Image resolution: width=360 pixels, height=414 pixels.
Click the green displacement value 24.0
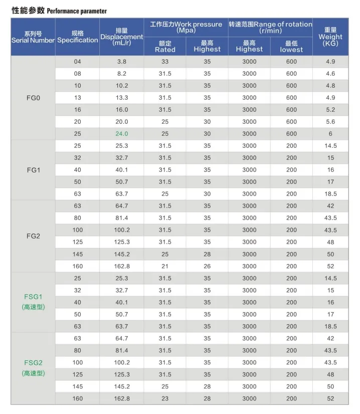(122, 134)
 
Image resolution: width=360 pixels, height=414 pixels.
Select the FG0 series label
(33, 98)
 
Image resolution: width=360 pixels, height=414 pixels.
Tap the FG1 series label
(33, 170)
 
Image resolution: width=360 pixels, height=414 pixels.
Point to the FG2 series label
(33, 236)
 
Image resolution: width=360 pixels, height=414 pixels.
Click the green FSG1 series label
(33, 296)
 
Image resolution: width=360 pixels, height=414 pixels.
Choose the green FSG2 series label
(33, 362)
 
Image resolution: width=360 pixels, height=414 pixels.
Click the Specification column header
(77, 37)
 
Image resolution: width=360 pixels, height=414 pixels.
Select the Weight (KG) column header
(330, 37)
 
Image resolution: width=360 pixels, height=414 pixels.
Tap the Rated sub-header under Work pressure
(165, 47)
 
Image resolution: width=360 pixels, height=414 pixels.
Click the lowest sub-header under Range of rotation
(291, 47)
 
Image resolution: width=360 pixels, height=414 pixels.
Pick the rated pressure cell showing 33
(165, 62)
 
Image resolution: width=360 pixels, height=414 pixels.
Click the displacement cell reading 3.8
(122, 62)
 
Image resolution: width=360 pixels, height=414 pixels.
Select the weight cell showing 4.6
(330, 74)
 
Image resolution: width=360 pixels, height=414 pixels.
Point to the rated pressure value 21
(165, 266)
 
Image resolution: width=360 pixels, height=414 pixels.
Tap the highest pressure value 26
(207, 266)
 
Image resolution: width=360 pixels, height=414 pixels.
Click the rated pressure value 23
(165, 398)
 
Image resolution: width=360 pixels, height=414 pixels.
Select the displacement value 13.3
(122, 98)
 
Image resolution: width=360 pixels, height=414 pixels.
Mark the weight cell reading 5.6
(330, 122)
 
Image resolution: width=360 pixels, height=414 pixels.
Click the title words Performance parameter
(77, 11)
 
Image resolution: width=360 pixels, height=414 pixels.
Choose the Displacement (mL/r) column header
(122, 37)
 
